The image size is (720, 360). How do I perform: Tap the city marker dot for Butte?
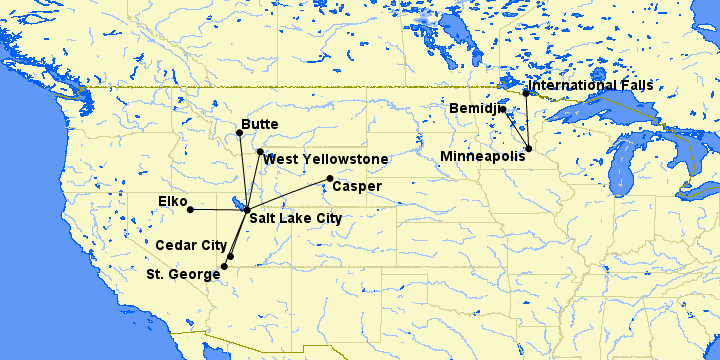tap(239, 133)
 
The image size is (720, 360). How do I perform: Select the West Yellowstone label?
tap(327, 159)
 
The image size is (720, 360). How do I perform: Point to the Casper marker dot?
tap(330, 179)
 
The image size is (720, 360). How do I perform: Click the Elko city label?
tap(173, 202)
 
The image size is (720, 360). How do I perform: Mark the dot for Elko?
tap(190, 210)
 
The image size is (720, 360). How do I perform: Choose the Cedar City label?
tap(191, 244)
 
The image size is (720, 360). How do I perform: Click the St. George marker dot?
tap(224, 267)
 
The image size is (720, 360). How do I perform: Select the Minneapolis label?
tap(482, 156)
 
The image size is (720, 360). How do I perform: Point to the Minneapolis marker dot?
tap(529, 149)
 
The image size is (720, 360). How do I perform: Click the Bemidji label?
tap(473, 107)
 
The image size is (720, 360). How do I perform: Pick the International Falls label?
tap(591, 85)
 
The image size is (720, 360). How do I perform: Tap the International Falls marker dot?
tap(526, 93)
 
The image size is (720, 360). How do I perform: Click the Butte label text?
tap(260, 125)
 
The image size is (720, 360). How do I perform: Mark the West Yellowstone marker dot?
tap(260, 152)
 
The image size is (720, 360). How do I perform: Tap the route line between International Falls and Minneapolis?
tap(528, 121)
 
